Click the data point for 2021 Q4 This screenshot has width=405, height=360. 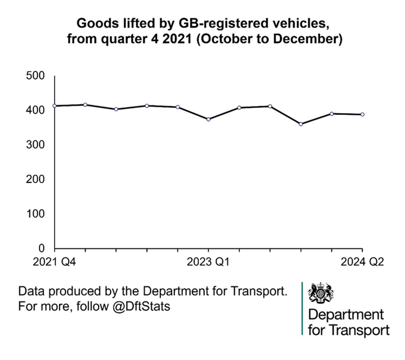point(55,106)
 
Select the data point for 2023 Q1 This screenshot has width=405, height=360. point(209,119)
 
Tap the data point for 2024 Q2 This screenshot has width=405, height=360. point(362,114)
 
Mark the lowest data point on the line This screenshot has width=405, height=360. point(301,124)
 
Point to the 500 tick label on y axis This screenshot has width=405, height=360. point(35,76)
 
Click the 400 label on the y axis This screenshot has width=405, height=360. point(35,110)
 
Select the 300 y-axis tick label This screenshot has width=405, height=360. point(35,145)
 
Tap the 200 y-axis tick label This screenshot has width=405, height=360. point(35,179)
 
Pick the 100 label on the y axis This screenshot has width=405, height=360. point(35,214)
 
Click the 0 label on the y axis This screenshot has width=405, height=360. point(42,248)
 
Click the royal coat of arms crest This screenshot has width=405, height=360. point(321,292)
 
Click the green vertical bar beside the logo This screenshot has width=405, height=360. point(302,308)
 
